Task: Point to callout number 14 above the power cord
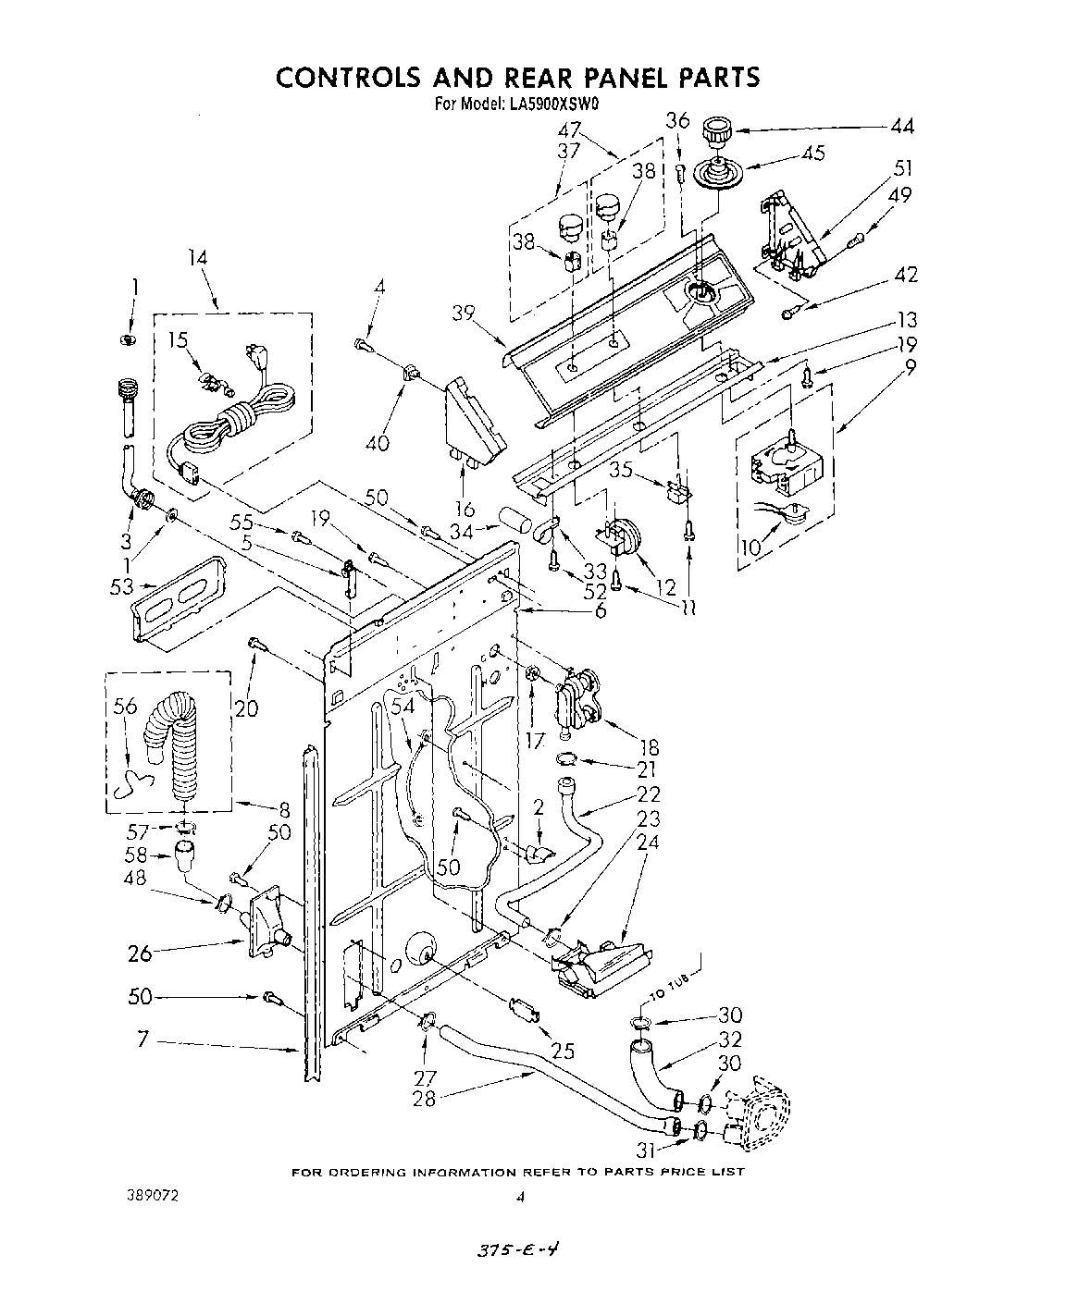[x=198, y=259]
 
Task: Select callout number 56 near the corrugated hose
[x=126, y=707]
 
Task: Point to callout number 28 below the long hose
[x=425, y=1098]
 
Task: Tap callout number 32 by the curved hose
[x=729, y=1039]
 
